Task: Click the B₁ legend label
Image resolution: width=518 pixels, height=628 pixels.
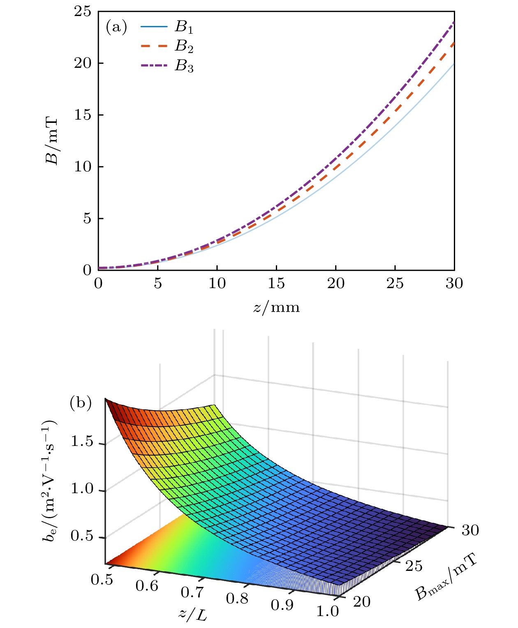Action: (184, 27)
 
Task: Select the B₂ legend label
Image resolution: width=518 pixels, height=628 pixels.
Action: (184, 46)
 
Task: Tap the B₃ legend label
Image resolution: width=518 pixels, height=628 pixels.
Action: (184, 66)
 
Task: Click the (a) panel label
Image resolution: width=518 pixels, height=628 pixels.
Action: (116, 27)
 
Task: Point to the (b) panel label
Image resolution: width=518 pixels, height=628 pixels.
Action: (81, 402)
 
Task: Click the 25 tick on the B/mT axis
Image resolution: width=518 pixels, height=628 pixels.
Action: (82, 11)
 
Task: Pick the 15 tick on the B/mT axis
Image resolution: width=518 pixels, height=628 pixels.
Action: (82, 115)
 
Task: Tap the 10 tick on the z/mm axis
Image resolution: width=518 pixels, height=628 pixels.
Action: (217, 283)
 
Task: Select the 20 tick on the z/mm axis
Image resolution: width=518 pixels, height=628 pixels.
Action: (335, 283)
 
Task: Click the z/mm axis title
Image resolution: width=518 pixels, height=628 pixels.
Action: (276, 307)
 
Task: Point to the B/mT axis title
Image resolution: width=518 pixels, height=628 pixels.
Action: (52, 141)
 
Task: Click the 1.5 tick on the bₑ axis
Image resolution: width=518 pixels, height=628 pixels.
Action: (82, 442)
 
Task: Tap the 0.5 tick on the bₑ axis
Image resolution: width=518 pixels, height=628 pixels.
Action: (82, 536)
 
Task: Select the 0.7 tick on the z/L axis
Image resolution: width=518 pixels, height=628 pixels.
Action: (192, 592)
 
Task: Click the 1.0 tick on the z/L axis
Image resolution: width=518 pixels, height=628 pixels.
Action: (327, 612)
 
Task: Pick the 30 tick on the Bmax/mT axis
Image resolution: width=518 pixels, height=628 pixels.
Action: (470, 530)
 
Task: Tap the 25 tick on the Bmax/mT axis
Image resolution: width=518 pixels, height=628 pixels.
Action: (414, 566)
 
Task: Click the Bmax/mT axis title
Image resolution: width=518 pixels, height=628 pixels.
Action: (446, 577)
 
